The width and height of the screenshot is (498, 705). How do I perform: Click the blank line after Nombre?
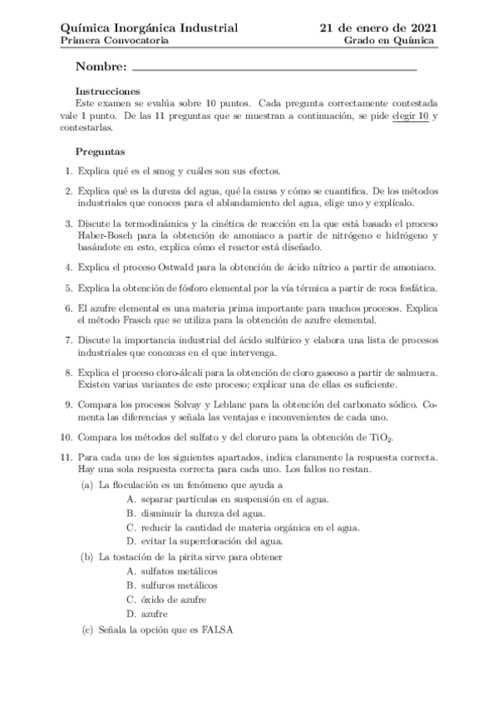point(274,67)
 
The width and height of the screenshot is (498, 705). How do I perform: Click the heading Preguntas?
point(101,152)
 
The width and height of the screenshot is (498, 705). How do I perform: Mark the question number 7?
point(67,341)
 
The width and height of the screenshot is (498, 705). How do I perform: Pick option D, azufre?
point(155,614)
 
